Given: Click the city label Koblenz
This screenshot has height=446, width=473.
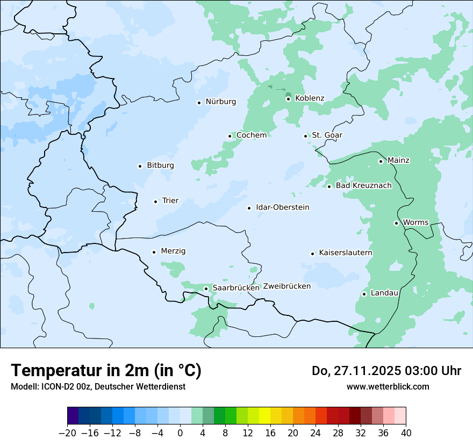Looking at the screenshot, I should click(x=310, y=98).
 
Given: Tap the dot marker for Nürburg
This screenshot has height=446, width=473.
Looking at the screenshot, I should click(x=199, y=103).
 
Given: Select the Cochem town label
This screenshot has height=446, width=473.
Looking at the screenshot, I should click(x=252, y=135).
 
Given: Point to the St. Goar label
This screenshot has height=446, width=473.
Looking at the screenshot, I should click(x=327, y=135).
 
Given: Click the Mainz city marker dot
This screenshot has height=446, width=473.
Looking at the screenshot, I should click(x=381, y=161).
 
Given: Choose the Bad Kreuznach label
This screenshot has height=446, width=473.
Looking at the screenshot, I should click(x=363, y=186).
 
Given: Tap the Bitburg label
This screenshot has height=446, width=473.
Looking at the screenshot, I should click(x=160, y=166).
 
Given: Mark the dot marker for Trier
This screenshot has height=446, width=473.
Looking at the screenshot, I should click(x=155, y=202).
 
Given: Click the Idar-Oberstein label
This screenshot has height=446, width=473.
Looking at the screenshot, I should click(x=283, y=207).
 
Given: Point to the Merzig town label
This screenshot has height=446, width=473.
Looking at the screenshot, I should click(x=173, y=251).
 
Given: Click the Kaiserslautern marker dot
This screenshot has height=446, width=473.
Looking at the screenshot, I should click(x=312, y=254).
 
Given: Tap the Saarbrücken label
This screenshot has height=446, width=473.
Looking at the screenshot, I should click(x=236, y=288).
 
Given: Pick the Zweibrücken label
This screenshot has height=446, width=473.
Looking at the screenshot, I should click(x=286, y=286).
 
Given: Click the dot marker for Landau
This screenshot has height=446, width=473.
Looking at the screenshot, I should click(x=364, y=294).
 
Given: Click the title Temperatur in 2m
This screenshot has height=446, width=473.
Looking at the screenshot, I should click(x=106, y=371).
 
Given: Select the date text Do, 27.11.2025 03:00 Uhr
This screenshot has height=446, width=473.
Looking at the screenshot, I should click(x=386, y=371).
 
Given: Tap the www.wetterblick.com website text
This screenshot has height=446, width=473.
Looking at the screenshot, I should click(x=388, y=387).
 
